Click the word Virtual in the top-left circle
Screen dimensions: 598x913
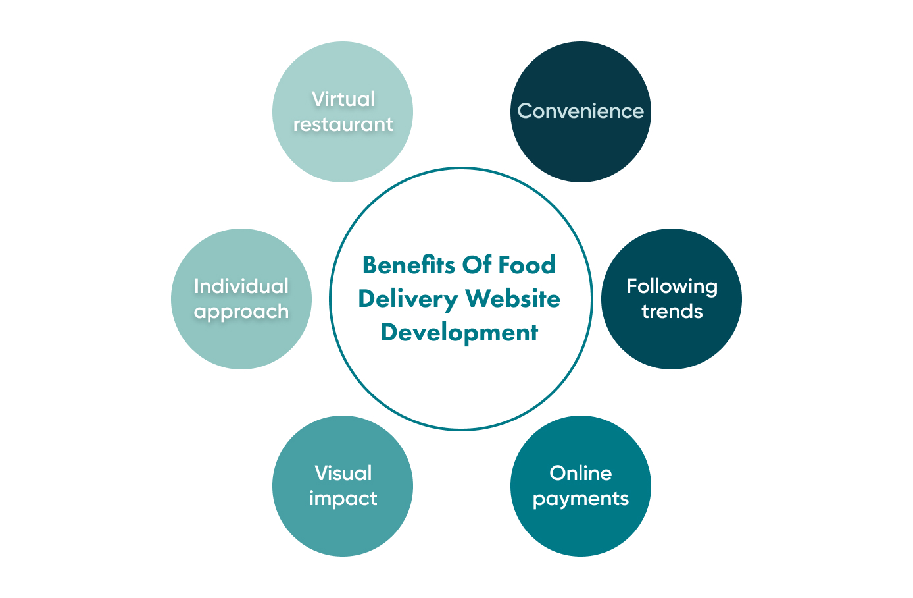tap(343, 99)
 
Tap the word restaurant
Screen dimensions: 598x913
tap(343, 124)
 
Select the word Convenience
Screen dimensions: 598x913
tap(580, 111)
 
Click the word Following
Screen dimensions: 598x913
tap(672, 286)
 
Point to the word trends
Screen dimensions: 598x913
tap(672, 312)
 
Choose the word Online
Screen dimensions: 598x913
tap(580, 474)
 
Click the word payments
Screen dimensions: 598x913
tap(580, 499)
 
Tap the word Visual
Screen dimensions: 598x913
tap(343, 474)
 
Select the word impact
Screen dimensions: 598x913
tap(343, 499)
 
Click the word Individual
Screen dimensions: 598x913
tap(241, 286)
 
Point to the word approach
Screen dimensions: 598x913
tap(241, 312)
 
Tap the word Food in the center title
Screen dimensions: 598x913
tap(527, 265)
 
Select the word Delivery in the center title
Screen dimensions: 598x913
tap(408, 300)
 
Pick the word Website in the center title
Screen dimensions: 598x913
tap(513, 299)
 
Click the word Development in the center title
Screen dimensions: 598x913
tap(459, 333)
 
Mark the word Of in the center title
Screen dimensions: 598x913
tap(477, 265)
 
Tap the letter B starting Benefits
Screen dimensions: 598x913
tap(369, 265)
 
